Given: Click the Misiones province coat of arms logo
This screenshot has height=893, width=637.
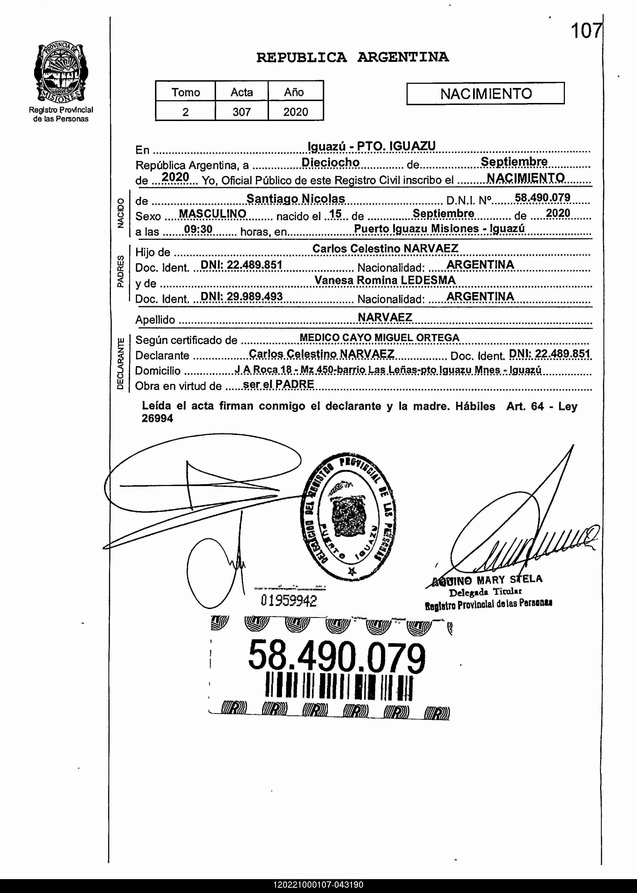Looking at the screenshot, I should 61,73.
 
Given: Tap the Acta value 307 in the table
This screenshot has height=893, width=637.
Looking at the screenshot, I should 241,112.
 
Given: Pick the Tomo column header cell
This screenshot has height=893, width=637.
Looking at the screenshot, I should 186,92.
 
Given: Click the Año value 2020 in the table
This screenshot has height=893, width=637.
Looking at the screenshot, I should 295,112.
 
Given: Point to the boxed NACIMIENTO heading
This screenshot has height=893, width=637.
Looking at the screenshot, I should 486,94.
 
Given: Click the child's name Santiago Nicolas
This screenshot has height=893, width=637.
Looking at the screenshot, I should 295,199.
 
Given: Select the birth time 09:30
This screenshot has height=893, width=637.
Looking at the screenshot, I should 198,229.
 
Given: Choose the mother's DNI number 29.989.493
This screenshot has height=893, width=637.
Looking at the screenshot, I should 241,296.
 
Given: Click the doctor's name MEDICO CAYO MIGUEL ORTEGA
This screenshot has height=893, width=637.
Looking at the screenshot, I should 379,338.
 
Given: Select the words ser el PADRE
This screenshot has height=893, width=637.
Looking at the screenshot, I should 278,384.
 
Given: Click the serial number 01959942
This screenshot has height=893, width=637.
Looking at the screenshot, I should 289,601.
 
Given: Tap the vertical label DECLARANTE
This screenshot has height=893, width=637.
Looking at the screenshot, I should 120,363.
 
